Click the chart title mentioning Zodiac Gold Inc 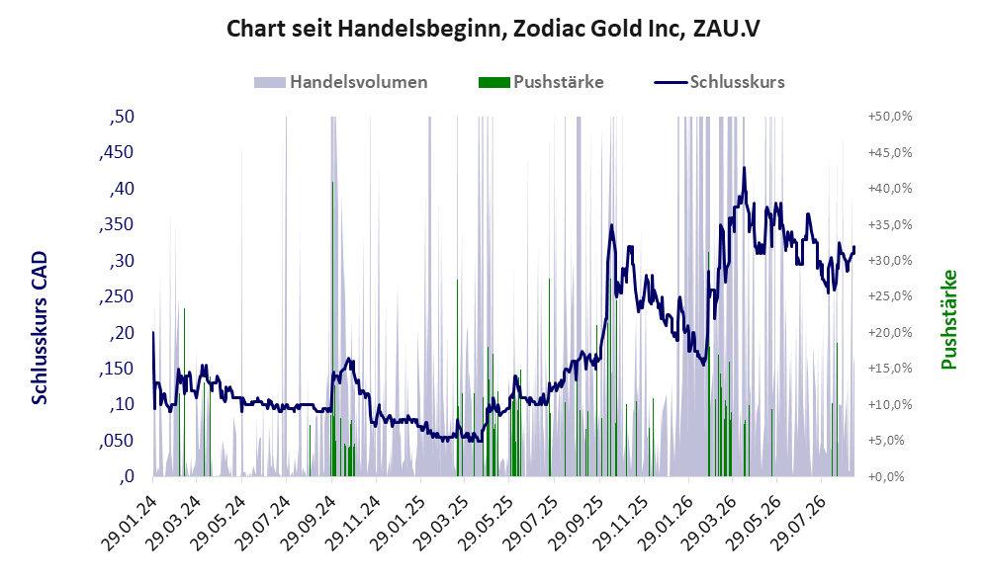pyautogui.click(x=493, y=29)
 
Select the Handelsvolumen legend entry pyautogui.click(x=341, y=82)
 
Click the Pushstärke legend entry pyautogui.click(x=541, y=82)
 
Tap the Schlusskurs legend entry pyautogui.click(x=719, y=82)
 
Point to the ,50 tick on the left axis pyautogui.click(x=122, y=117)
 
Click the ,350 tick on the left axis pyautogui.click(x=117, y=224)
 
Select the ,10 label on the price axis pyautogui.click(x=122, y=404)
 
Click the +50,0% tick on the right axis pyautogui.click(x=890, y=117)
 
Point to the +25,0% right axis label pyautogui.click(x=890, y=295)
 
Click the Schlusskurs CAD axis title pyautogui.click(x=40, y=328)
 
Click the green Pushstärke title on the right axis pyautogui.click(x=948, y=319)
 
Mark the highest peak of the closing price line pyautogui.click(x=745, y=168)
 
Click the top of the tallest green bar pyautogui.click(x=332, y=182)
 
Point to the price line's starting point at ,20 pyautogui.click(x=153, y=332)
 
